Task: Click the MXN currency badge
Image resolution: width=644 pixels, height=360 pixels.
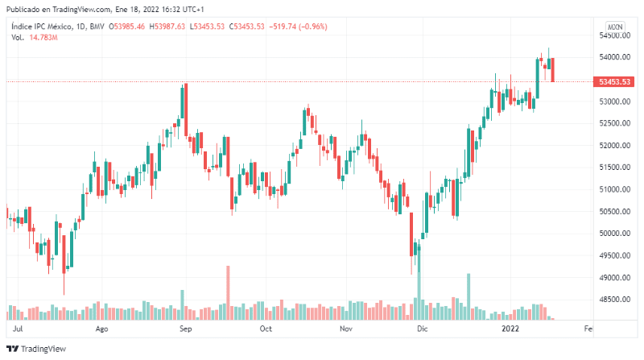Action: (x=616, y=27)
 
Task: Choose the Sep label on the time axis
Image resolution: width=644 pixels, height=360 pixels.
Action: (x=185, y=329)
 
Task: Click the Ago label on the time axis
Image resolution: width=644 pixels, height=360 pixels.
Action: (x=102, y=329)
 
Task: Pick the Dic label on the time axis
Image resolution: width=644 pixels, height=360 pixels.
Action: (x=423, y=329)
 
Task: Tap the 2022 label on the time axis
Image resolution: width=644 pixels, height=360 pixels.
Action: (x=510, y=329)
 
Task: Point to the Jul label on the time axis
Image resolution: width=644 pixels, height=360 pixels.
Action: (x=19, y=329)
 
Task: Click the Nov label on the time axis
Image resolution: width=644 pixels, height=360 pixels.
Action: (x=346, y=329)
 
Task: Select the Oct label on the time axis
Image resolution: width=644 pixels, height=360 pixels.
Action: (x=266, y=329)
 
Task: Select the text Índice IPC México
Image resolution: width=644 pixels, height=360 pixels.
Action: (x=38, y=27)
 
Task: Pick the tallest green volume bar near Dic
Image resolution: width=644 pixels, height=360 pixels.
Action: (x=419, y=290)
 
